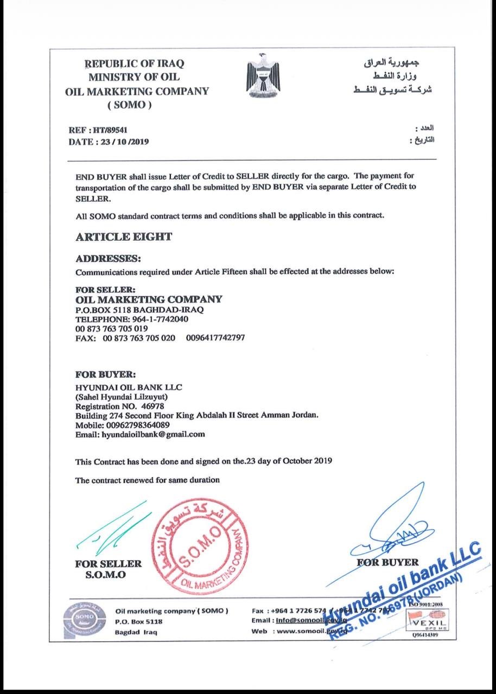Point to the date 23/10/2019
point(123,142)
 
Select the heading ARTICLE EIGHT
point(124,236)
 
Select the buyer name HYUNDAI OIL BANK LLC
point(129,387)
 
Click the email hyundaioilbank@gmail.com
point(153,434)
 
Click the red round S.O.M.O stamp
point(198,548)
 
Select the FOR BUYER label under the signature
point(387,562)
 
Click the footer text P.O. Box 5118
point(138,621)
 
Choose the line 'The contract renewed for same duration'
point(147,480)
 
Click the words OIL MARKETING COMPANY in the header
point(136,91)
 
